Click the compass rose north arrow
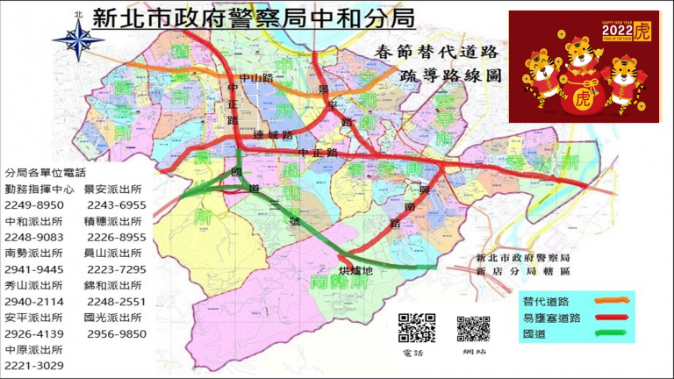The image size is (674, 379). (78, 36)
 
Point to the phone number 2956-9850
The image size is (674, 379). (116, 333)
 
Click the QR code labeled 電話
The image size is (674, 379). (416, 328)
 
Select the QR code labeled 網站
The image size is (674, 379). (473, 328)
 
